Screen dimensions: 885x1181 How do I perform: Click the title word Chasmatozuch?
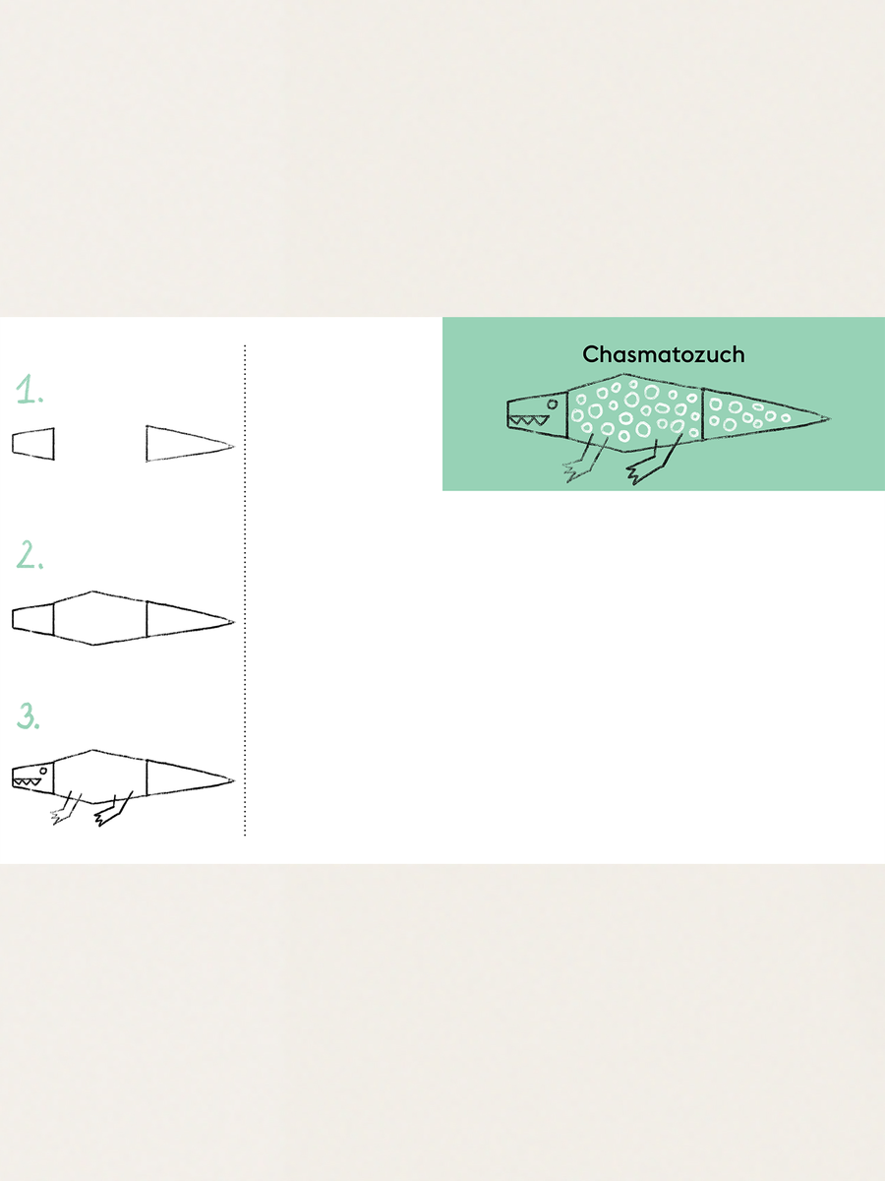click(663, 354)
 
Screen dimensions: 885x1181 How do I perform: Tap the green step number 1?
click(29, 389)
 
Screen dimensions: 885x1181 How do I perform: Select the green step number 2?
click(29, 555)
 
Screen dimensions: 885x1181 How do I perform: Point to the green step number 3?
click(28, 715)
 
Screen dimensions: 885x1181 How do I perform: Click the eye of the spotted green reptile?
click(553, 404)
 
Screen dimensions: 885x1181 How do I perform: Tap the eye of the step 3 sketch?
click(43, 771)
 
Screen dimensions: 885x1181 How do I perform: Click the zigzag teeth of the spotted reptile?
click(529, 420)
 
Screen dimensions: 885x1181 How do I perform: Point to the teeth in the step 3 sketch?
click(28, 781)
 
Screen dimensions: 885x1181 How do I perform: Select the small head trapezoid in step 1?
click(33, 444)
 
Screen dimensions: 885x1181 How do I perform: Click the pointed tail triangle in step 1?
click(189, 444)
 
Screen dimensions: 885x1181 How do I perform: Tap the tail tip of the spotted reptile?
click(829, 418)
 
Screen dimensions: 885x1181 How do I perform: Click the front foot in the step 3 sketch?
click(61, 816)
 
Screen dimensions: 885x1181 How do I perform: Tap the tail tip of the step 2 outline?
click(233, 622)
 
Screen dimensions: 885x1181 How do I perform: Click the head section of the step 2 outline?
click(32, 619)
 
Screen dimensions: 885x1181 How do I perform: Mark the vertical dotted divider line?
click(245, 590)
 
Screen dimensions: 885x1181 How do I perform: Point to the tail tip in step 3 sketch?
click(233, 780)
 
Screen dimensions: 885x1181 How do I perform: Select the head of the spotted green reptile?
click(537, 414)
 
